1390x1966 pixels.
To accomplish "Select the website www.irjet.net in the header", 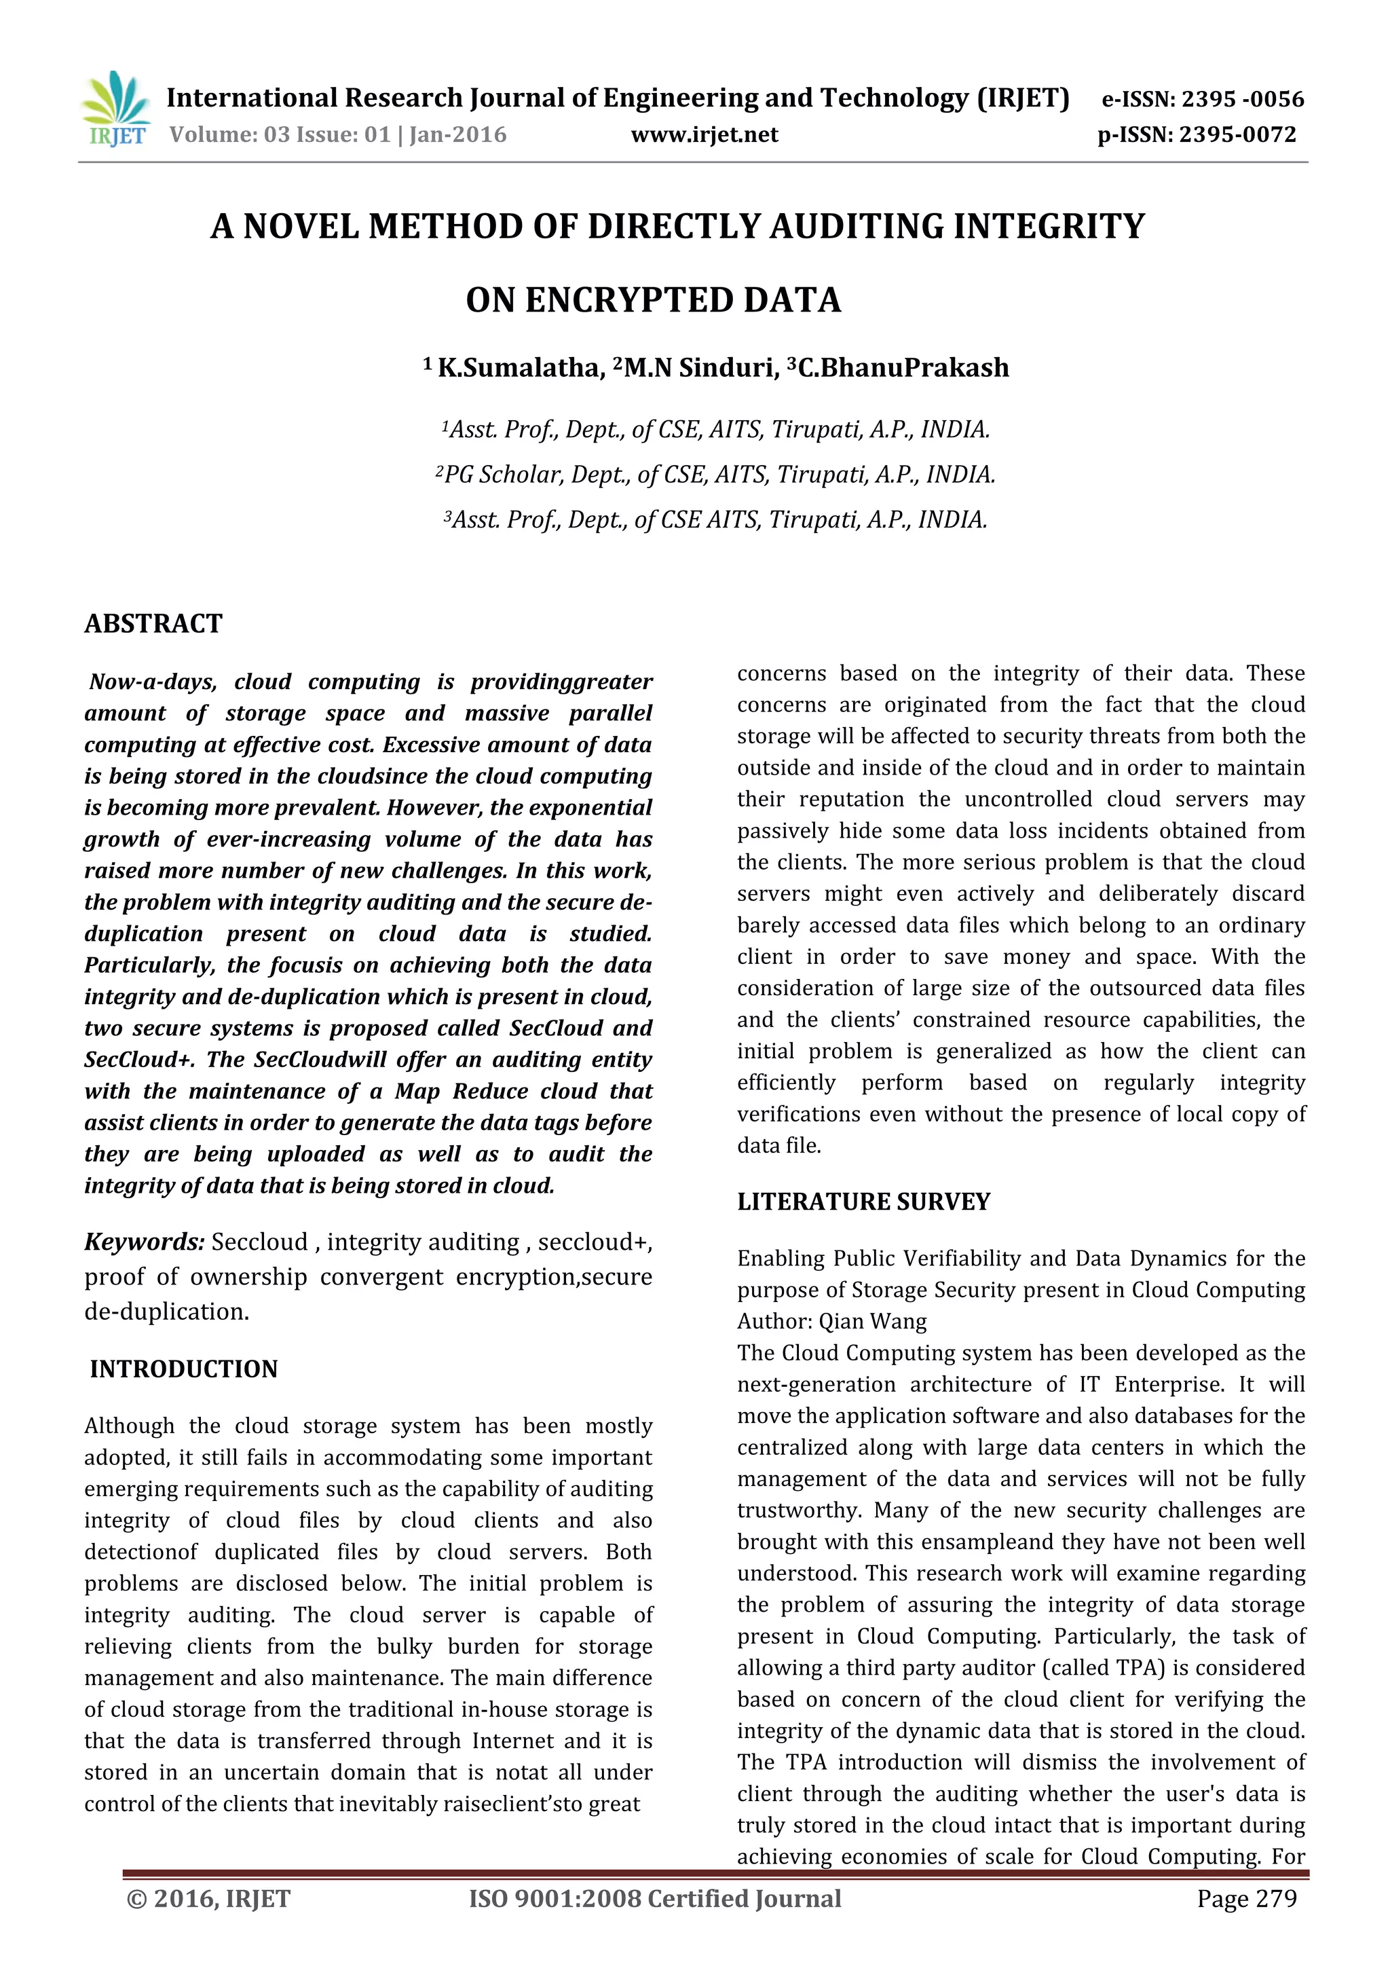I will pyautogui.click(x=705, y=134).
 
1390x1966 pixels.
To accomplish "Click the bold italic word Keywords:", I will pyautogui.click(x=144, y=1242).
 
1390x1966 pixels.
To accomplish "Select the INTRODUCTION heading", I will pyautogui.click(x=183, y=1369).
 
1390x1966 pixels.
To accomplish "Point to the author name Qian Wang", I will pyautogui.click(x=872, y=1321).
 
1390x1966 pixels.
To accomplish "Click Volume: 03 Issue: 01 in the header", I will pyautogui.click(x=280, y=134).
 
